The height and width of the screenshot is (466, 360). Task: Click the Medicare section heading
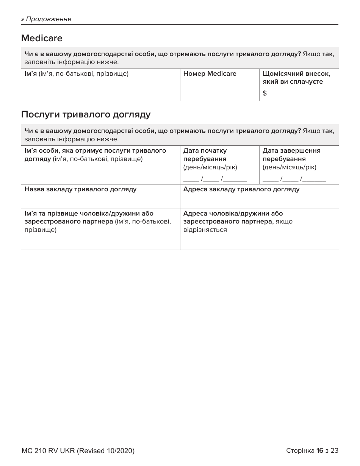coord(42,38)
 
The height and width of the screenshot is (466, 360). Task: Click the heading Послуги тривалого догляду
coord(86,115)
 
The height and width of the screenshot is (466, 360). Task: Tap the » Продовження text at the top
coord(46,19)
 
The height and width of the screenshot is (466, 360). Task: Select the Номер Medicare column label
coord(210,74)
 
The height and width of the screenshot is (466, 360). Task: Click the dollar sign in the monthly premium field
coord(265,93)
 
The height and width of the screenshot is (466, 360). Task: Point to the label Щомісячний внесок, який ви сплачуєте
coord(296,78)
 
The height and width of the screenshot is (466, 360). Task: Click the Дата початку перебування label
coord(205,155)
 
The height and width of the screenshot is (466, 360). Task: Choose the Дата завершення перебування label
coord(291,155)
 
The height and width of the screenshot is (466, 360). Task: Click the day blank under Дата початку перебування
coord(191,178)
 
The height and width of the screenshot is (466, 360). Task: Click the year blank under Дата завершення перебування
coord(314,178)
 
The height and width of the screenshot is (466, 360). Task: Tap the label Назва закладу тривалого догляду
coord(80,189)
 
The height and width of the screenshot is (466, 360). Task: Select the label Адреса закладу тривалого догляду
coord(241,189)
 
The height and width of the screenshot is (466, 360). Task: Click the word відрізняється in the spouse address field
coord(205,230)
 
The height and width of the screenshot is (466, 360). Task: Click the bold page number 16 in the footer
coord(319,451)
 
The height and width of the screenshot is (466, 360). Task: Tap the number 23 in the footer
coord(334,451)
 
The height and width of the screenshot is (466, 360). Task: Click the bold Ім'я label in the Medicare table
coord(30,74)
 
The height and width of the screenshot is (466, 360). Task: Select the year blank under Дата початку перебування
coord(235,178)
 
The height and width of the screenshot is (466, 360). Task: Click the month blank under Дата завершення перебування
coord(290,178)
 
